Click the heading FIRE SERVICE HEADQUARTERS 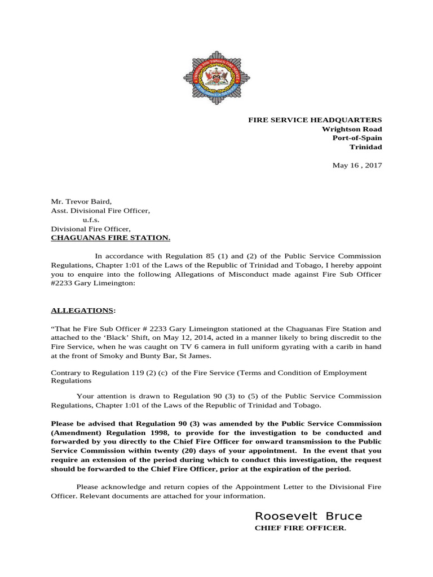(x=315, y=120)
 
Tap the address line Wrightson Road (x=351, y=129)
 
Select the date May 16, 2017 (x=357, y=165)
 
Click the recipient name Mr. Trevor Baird (x=81, y=201)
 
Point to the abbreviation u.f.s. (x=91, y=220)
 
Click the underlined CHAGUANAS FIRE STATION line (x=110, y=238)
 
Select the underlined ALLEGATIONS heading (x=82, y=310)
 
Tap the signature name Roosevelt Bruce (x=308, y=516)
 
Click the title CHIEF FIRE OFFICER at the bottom (x=301, y=528)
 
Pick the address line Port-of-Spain (x=357, y=138)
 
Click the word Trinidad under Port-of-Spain (x=366, y=147)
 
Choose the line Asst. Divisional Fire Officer (x=100, y=211)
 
